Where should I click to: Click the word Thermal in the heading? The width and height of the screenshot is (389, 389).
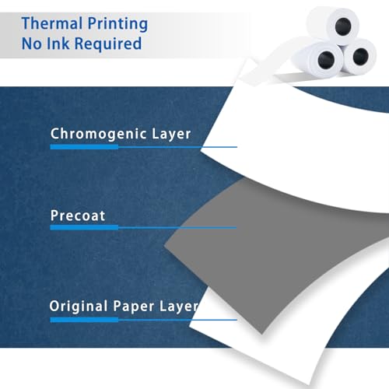(x=52, y=23)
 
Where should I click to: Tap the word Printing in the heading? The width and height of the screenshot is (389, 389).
(x=117, y=24)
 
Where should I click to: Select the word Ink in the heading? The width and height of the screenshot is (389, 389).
(x=58, y=44)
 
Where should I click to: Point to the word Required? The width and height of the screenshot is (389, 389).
(x=108, y=44)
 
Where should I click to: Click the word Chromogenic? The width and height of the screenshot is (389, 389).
(x=99, y=134)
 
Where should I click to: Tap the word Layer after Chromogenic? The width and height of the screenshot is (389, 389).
(x=171, y=134)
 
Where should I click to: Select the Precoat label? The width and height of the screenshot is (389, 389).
(x=78, y=216)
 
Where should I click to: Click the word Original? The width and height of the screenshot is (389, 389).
(x=79, y=307)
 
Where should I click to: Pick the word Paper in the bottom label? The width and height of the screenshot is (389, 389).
(x=134, y=307)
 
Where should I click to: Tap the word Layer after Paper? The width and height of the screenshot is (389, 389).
(x=179, y=307)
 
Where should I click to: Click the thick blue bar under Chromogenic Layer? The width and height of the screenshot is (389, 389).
(x=84, y=147)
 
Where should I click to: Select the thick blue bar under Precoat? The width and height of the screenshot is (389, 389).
(x=84, y=228)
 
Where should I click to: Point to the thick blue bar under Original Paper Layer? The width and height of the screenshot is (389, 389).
(x=84, y=320)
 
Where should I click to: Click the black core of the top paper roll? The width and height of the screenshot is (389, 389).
(x=343, y=26)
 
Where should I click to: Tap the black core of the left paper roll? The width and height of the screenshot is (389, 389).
(x=326, y=60)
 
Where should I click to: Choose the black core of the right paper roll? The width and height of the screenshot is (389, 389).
(x=361, y=56)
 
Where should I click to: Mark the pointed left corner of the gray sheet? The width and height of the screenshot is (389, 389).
(x=164, y=245)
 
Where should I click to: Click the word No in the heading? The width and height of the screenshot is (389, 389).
(x=31, y=44)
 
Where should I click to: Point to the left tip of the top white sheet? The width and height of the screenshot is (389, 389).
(x=201, y=152)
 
